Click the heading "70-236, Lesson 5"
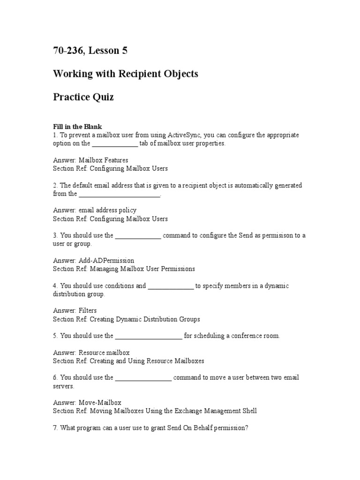(x=90, y=51)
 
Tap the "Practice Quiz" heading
(x=83, y=97)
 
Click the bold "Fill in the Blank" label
(x=77, y=127)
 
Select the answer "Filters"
(x=88, y=311)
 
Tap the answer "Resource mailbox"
(x=104, y=352)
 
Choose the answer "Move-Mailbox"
(x=100, y=403)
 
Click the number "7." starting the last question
(x=56, y=428)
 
